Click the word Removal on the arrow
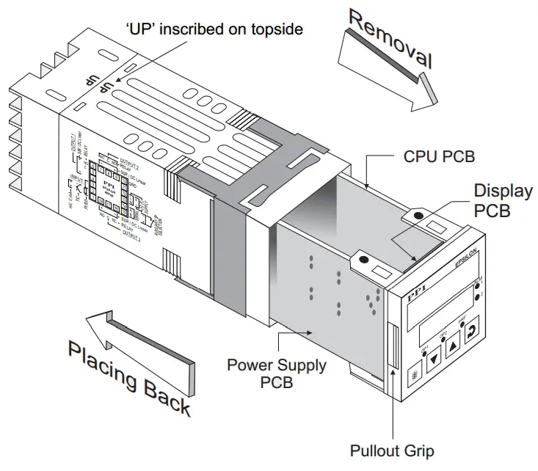pos(389,41)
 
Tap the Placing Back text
pos(129,377)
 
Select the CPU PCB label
pos(439,156)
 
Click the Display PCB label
pos(503,200)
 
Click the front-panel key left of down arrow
pos(415,375)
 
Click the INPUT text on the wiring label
pos(76,178)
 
